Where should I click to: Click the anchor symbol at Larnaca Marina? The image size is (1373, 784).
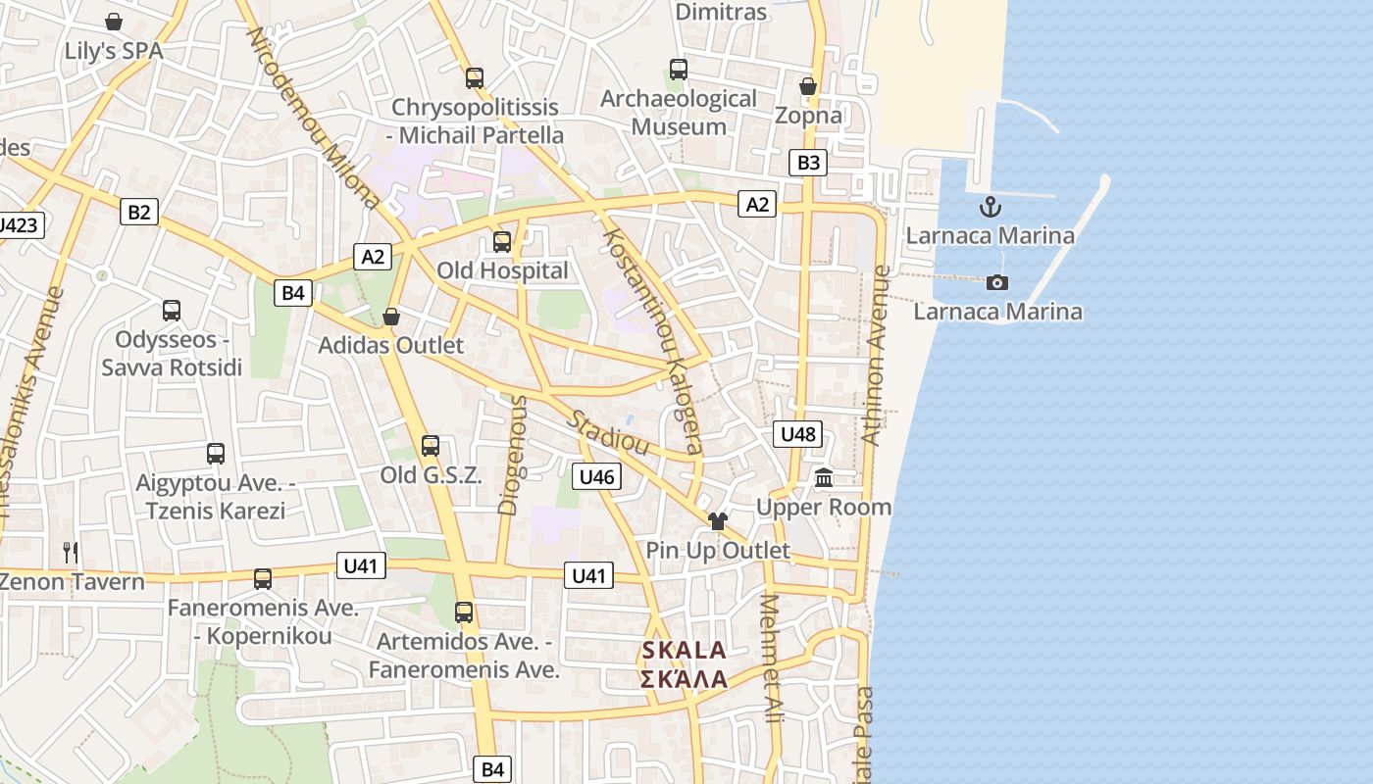(x=991, y=207)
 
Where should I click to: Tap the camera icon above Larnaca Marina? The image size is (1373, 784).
(x=997, y=283)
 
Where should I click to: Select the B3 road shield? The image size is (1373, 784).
(x=808, y=163)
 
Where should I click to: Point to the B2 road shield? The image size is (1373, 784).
(x=139, y=212)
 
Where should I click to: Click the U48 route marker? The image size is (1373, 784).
(x=797, y=434)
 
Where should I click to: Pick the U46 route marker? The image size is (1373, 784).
(x=596, y=477)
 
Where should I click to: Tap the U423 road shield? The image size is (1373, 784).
(x=18, y=225)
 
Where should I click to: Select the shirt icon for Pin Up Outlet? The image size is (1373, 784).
(x=718, y=521)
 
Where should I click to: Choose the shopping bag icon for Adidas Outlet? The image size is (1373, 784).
(x=391, y=317)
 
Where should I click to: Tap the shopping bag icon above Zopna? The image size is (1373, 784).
(x=808, y=87)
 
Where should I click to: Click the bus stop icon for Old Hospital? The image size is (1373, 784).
(x=502, y=242)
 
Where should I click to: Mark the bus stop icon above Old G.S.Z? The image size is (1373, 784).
(x=431, y=447)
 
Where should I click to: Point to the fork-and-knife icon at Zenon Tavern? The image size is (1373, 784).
(x=71, y=553)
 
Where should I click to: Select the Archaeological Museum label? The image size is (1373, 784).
(x=679, y=113)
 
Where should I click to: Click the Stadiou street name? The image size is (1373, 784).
(x=609, y=432)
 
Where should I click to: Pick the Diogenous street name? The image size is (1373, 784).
(x=513, y=455)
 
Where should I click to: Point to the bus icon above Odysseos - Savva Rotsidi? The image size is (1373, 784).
(x=172, y=311)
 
